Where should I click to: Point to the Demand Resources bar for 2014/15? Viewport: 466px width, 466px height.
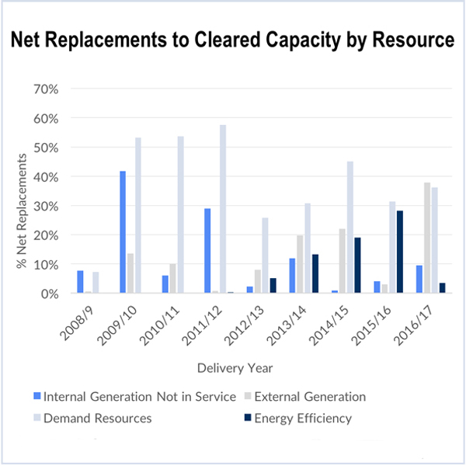pos(349,227)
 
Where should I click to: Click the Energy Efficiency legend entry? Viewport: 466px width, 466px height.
pos(304,419)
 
